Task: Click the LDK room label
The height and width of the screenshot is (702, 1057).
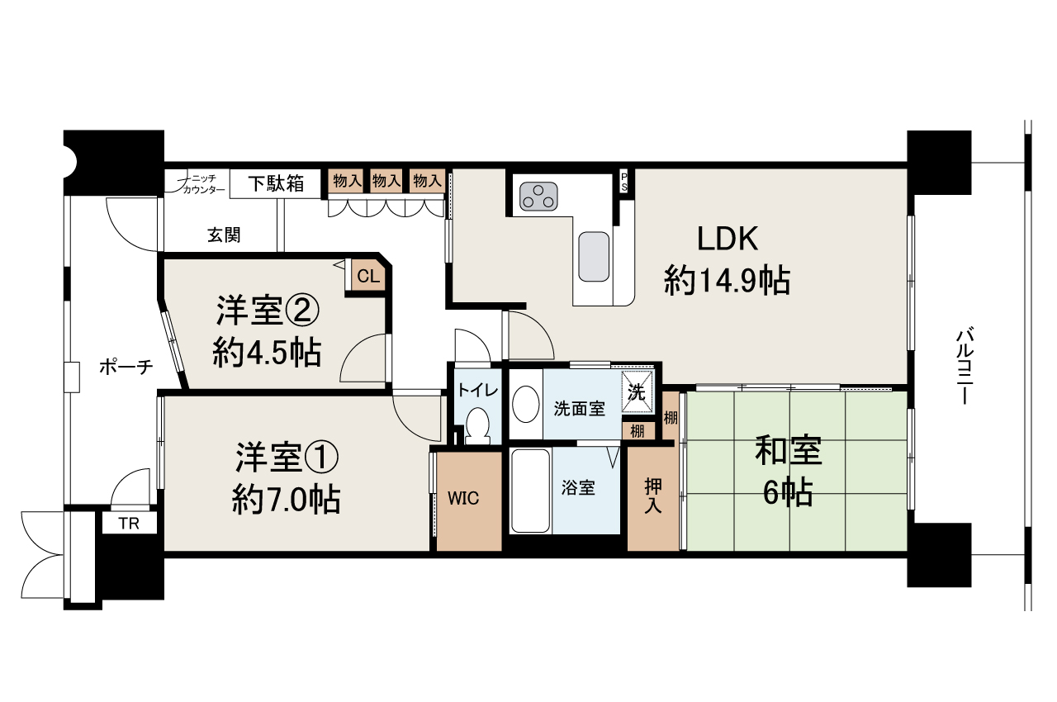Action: click(x=728, y=240)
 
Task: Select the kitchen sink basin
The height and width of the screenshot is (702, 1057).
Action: click(x=594, y=257)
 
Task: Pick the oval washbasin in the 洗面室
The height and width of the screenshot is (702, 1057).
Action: click(x=525, y=405)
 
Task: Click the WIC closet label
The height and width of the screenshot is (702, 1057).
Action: click(x=463, y=499)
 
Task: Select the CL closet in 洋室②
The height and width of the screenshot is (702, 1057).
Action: click(x=368, y=277)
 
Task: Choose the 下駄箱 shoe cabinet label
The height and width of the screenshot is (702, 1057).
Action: click(x=277, y=183)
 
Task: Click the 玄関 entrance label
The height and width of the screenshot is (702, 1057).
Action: click(x=224, y=235)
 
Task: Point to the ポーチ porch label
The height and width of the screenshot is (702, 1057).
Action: click(x=126, y=367)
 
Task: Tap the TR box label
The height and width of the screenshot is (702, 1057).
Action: click(x=129, y=523)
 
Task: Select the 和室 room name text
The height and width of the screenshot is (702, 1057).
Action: click(x=788, y=452)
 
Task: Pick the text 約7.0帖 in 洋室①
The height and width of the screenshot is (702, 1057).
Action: click(x=286, y=500)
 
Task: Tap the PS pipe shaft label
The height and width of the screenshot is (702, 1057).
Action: click(x=624, y=182)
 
